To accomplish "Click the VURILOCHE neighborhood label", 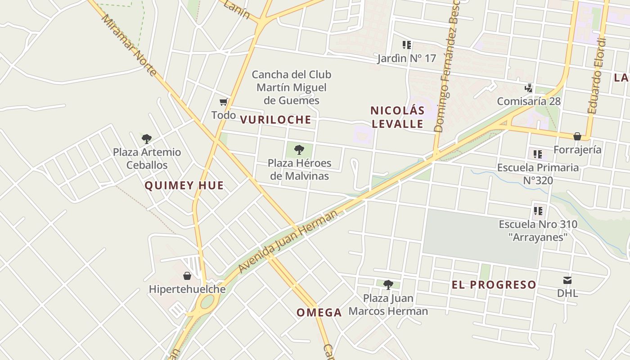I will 275,119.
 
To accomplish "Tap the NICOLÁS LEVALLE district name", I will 397,117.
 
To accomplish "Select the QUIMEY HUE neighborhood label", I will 184,185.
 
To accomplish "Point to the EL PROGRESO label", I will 494,284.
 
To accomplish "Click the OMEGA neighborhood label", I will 319,312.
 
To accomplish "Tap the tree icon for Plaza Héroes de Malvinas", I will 299,150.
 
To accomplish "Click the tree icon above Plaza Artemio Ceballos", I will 146,139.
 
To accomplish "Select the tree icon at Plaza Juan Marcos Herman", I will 388,284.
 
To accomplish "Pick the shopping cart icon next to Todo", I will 223,102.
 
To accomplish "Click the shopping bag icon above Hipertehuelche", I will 187,276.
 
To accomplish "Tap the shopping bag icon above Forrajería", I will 577,136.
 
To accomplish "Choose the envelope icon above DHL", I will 567,280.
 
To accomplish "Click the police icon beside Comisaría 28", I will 529,88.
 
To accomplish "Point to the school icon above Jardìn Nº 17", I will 407,45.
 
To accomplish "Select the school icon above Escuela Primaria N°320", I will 537,154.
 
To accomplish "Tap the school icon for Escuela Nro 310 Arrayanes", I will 537,211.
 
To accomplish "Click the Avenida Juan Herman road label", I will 288,241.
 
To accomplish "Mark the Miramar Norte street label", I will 129,45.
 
